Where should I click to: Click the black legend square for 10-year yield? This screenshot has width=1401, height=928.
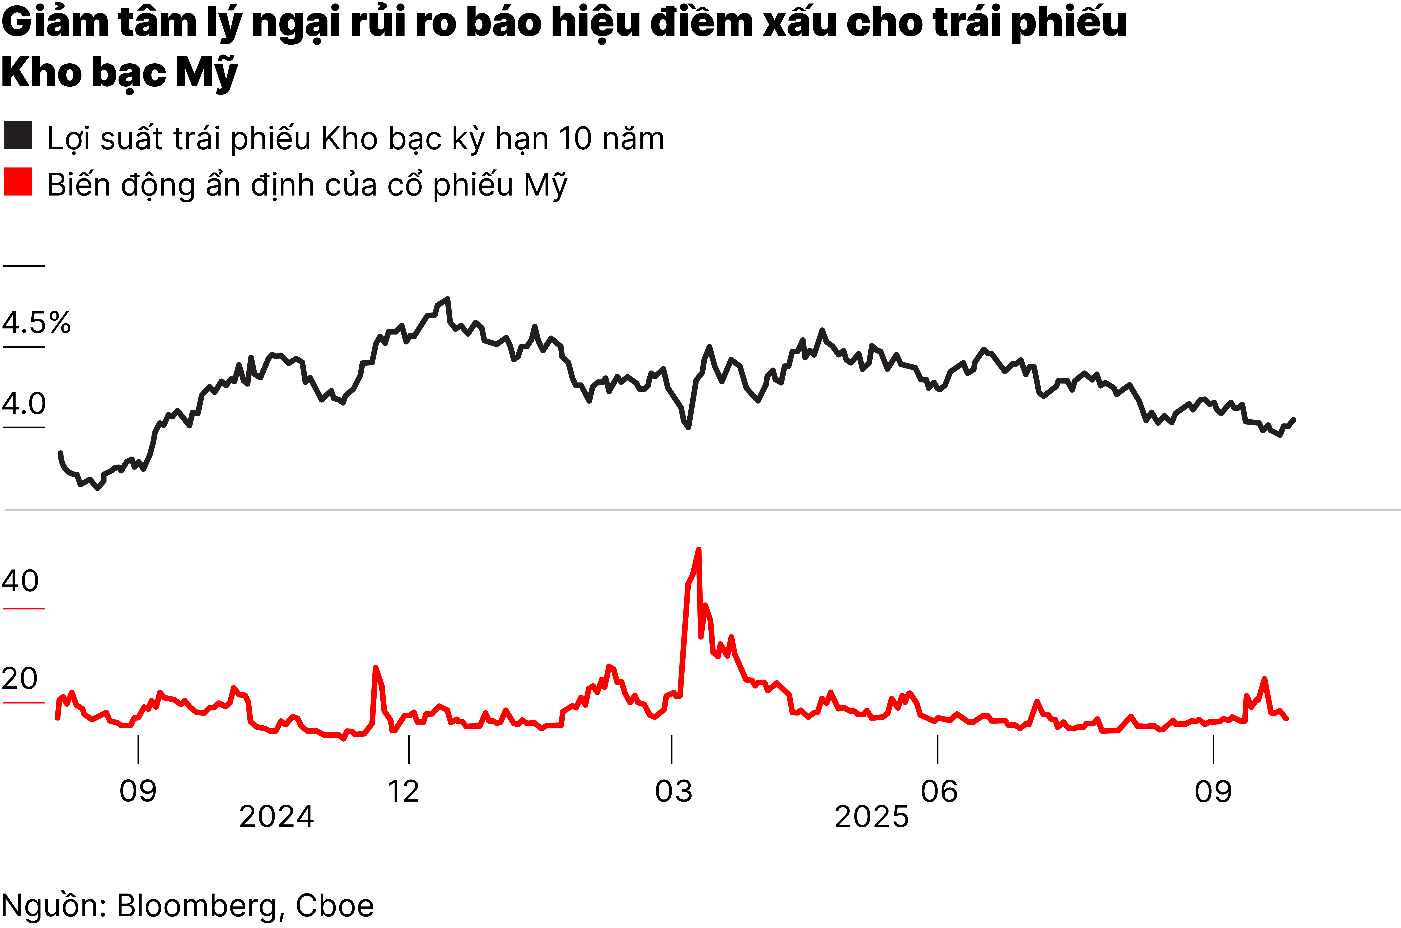coord(18,136)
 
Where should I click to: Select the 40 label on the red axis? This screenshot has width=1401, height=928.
coord(20,581)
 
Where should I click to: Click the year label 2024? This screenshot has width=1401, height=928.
coord(276,817)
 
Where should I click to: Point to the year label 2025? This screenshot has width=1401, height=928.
coord(871,817)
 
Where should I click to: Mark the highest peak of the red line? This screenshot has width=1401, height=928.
coord(699,550)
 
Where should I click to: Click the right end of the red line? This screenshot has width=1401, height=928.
coord(1287,719)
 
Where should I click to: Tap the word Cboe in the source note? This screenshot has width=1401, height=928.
coord(335,905)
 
